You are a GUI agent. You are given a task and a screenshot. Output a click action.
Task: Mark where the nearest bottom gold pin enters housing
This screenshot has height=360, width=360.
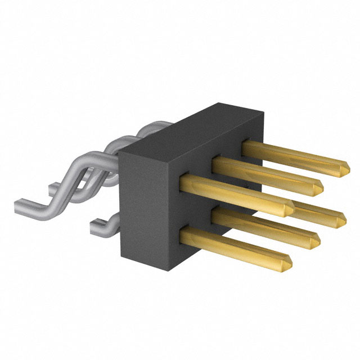pos(184,231)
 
